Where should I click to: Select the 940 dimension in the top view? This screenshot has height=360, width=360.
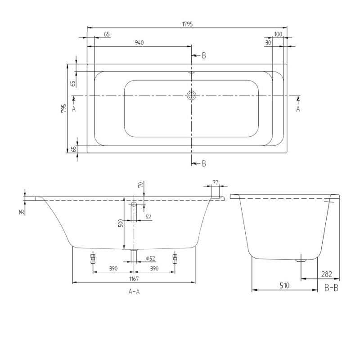pos(139,43)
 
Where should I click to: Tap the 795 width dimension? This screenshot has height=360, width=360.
pos(64,108)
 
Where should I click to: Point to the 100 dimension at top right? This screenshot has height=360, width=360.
pos(278,34)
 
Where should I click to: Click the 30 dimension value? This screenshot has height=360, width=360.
pos(268,43)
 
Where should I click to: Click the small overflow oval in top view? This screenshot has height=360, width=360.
pos(191,72)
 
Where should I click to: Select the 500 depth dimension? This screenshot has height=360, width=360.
pos(120,224)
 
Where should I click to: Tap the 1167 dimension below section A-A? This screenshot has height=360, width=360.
pos(134,279)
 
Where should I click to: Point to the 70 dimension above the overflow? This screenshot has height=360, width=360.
pos(140,184)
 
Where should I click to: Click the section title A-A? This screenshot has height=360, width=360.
pos(134,292)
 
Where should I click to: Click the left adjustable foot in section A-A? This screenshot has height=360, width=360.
pos(93,258)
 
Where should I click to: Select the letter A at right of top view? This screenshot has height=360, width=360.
pos(297,108)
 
